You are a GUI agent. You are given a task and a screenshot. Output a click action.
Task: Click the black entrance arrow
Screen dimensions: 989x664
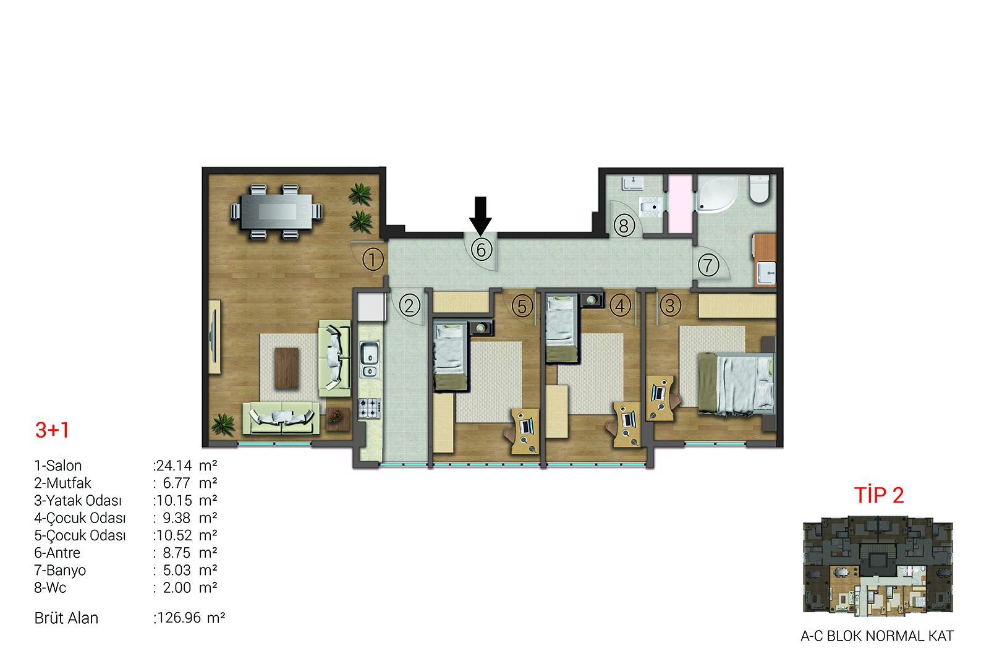tap(480, 215)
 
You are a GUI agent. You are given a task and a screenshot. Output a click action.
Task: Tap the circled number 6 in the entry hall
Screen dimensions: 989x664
tap(481, 250)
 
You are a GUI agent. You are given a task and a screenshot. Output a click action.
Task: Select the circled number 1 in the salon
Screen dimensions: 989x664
tap(373, 260)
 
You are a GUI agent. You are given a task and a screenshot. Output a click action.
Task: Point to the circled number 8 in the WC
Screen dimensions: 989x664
tap(624, 226)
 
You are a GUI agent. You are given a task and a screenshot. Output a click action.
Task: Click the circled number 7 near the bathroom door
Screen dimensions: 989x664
tap(708, 265)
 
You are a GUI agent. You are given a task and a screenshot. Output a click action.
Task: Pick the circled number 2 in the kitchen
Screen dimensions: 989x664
tap(409, 305)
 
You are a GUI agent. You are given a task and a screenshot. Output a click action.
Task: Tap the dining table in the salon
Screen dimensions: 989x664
tap(277, 211)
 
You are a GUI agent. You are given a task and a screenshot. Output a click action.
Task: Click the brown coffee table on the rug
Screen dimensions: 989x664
tap(287, 368)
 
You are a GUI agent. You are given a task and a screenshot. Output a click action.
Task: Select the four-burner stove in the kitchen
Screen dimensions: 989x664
tap(369, 408)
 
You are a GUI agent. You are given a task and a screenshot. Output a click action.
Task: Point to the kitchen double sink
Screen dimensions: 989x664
tap(369, 360)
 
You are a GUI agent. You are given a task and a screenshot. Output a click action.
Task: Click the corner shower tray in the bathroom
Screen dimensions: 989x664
tap(718, 194)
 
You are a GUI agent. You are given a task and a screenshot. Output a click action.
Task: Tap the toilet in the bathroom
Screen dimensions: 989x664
tap(760, 189)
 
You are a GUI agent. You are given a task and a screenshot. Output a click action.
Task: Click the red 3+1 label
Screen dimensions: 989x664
tap(52, 430)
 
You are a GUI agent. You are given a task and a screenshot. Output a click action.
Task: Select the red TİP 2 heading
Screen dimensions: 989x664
tap(878, 495)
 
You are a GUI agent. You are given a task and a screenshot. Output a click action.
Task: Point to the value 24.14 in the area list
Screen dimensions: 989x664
tap(174, 466)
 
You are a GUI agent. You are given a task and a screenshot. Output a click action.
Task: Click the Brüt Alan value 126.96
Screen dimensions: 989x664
tap(179, 618)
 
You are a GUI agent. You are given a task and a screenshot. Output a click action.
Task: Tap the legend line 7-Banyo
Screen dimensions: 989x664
tap(60, 571)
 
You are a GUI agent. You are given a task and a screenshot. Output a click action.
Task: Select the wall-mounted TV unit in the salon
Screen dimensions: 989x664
tap(214, 337)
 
